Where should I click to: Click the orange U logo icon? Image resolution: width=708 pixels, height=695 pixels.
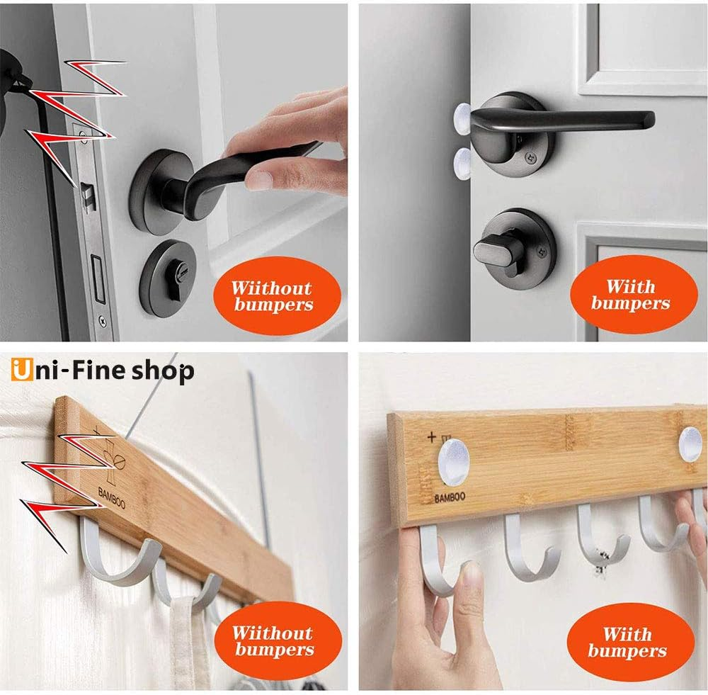22,370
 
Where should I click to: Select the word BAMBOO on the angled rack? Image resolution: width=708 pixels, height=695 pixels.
112,497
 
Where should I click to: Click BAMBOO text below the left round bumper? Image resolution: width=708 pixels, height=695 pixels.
450,497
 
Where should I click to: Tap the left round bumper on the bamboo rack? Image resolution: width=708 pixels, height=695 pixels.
454,461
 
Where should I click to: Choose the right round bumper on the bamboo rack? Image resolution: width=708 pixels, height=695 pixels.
691,445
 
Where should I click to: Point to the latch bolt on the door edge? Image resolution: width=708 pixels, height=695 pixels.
86,195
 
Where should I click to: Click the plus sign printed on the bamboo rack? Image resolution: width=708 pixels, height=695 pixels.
432,436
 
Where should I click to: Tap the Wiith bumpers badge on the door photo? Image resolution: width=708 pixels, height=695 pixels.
631,295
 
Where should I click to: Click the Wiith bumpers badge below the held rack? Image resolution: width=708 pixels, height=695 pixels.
628,642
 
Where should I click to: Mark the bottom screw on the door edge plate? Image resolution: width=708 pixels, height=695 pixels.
103,320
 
